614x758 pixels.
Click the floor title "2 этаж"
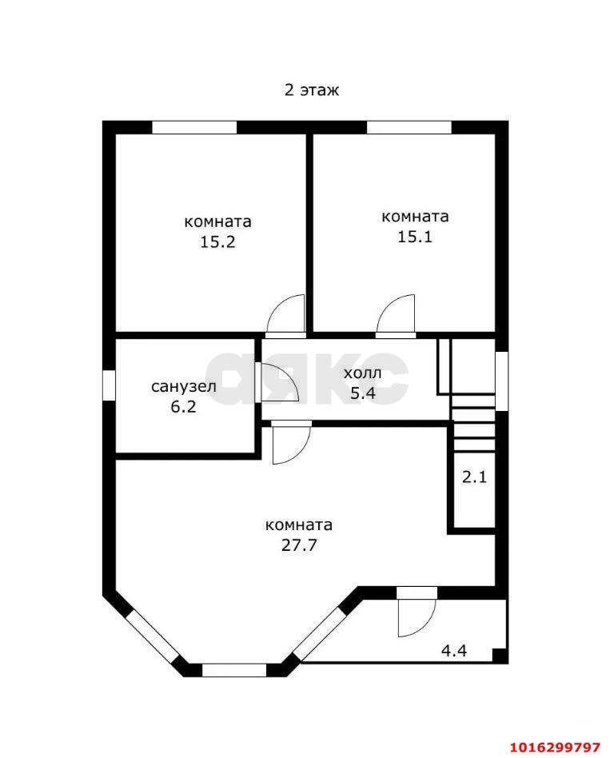click(x=312, y=90)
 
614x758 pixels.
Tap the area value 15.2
click(x=217, y=242)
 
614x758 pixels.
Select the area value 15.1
click(x=415, y=237)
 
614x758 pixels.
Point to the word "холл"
click(x=363, y=373)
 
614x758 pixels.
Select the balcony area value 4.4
click(x=454, y=650)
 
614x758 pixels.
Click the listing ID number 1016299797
click(x=554, y=747)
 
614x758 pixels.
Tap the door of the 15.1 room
click(x=397, y=315)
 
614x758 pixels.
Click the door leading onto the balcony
click(x=416, y=615)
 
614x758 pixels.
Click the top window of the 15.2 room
click(x=194, y=127)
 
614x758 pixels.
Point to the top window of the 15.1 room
click(x=409, y=127)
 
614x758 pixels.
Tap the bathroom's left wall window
click(x=109, y=384)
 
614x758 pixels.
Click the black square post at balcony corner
click(x=499, y=656)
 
